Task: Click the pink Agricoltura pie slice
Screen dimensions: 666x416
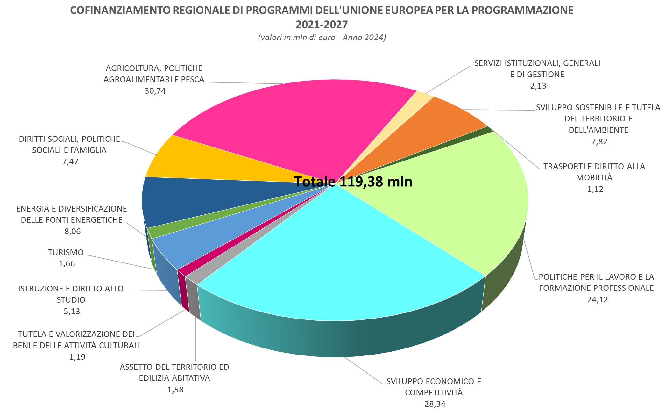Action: [287, 127]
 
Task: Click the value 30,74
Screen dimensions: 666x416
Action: [155, 91]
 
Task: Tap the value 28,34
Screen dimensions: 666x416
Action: [435, 404]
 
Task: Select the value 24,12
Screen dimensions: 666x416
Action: [598, 300]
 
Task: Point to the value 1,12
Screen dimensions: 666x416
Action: [595, 189]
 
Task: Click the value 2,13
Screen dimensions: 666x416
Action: [538, 86]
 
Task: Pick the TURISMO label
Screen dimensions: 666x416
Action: [66, 253]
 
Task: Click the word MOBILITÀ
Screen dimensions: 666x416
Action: [594, 177]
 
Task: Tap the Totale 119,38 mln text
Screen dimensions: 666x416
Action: [353, 182]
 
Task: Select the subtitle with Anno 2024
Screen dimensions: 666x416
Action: [322, 38]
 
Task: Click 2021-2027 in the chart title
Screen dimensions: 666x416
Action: [322, 25]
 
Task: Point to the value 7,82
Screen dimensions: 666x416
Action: [599, 142]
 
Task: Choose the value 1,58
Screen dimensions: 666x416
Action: [175, 390]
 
